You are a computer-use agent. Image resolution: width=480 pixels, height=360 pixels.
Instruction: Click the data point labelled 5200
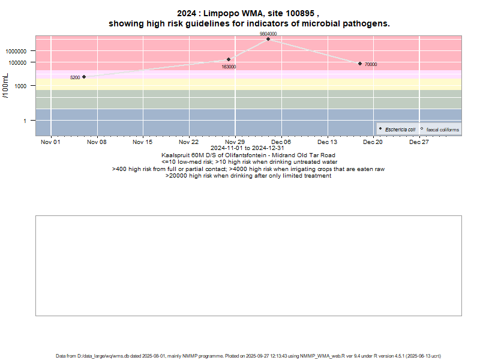84,77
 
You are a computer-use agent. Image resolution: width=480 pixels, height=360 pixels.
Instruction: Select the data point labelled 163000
229,59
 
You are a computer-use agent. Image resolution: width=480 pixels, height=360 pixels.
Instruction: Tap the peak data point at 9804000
268,39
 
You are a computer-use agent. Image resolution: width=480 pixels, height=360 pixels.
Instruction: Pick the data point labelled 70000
360,64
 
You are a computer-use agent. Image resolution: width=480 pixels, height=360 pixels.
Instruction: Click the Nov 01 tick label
50,142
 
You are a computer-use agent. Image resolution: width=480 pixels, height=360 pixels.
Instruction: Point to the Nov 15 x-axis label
143,142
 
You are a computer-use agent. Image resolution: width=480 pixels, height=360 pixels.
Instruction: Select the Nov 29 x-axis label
235,142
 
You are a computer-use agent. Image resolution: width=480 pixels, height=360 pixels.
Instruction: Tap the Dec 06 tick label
281,142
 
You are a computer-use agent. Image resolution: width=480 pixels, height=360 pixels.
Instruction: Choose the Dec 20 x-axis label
373,142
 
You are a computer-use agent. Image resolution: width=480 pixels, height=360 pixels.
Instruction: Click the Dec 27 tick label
419,142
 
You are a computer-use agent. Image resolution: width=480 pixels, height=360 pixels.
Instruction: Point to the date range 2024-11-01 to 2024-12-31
248,148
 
